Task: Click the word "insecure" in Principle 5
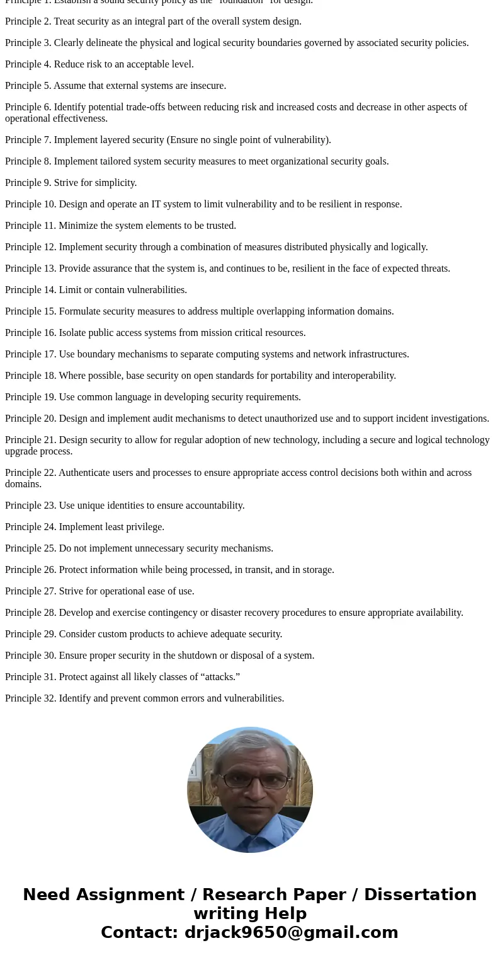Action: [206, 86]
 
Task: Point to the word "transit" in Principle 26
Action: [252, 570]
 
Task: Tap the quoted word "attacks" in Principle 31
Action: [218, 677]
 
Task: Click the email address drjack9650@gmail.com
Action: [291, 932]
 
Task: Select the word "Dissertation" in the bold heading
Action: [420, 894]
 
